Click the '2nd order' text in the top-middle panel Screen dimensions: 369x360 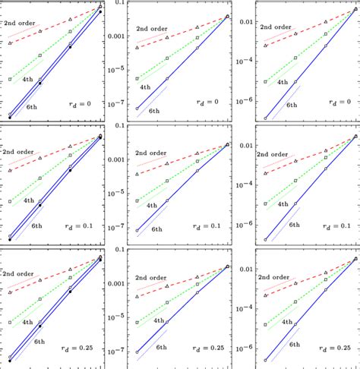point(153,29)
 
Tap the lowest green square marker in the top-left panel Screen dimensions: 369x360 point(11,79)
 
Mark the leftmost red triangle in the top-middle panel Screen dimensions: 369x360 point(137,47)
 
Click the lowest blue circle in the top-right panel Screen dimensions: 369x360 point(265,118)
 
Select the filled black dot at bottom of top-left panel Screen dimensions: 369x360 point(10,118)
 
